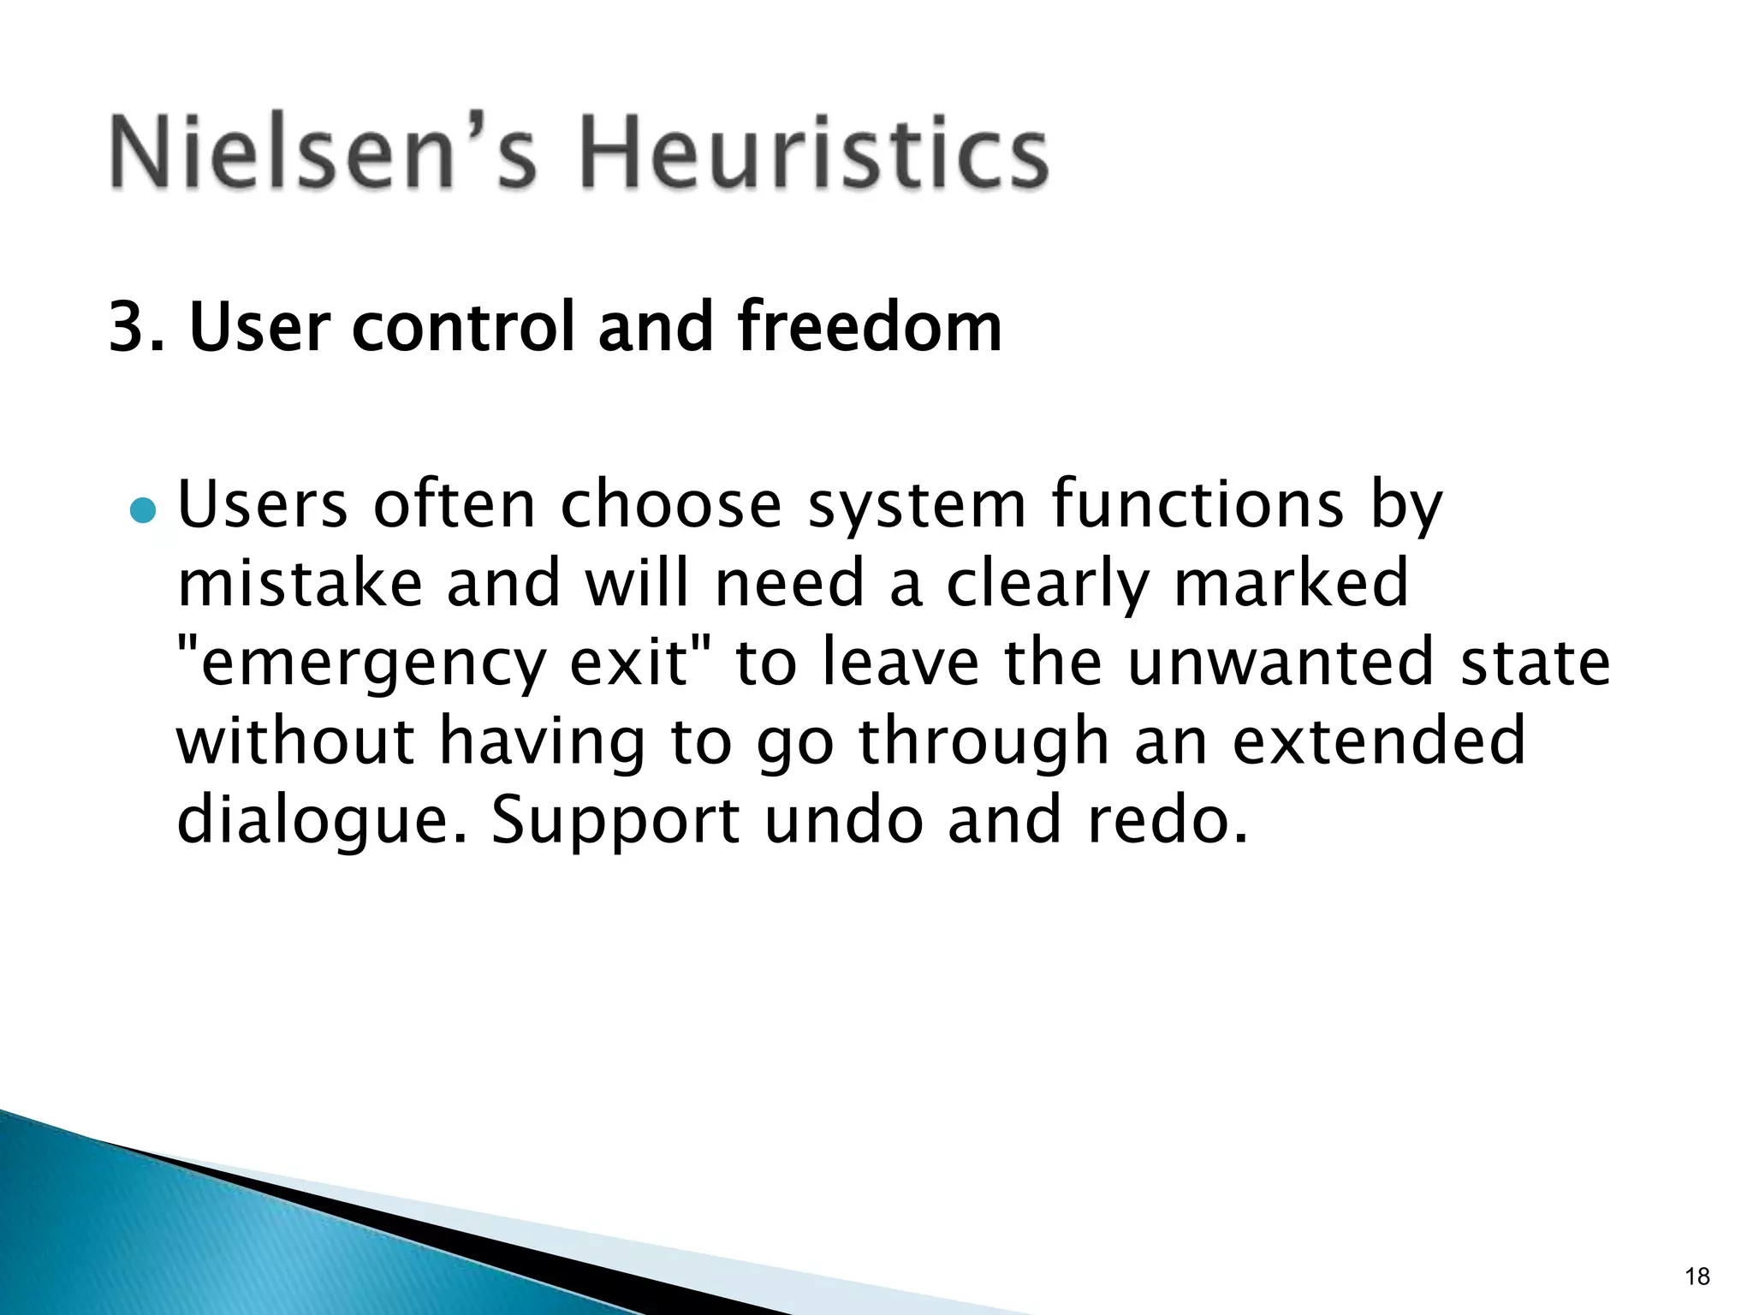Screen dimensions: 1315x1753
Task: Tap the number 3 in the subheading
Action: click(128, 327)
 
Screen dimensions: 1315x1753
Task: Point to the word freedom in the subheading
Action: click(869, 327)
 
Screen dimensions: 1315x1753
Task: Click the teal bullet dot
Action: click(143, 511)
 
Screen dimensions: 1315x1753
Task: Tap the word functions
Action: click(1197, 505)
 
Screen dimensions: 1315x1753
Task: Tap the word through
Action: click(984, 741)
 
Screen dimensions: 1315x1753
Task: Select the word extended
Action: click(1379, 741)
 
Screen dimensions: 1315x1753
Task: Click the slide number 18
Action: click(1697, 1276)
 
